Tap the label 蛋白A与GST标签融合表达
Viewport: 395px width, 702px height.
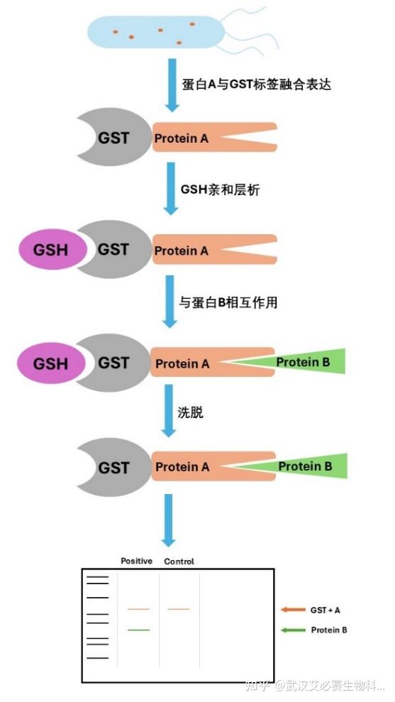click(x=257, y=84)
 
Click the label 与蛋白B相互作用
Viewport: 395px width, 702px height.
click(x=228, y=302)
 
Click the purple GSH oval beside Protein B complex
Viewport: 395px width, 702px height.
click(x=51, y=363)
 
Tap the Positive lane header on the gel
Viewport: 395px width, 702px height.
click(x=137, y=561)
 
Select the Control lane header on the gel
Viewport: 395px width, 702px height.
click(x=179, y=561)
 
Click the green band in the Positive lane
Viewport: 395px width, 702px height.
click(x=138, y=630)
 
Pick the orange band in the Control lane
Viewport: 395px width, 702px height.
click(x=179, y=609)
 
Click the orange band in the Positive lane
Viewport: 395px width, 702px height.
click(x=138, y=609)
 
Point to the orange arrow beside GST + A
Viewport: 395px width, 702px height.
click(x=292, y=609)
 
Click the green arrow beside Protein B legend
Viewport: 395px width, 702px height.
click(x=292, y=630)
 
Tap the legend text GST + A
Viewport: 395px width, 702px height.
click(x=330, y=610)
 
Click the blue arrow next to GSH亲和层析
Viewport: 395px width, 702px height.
click(x=170, y=188)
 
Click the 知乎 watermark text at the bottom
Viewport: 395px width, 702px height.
click(x=255, y=686)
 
